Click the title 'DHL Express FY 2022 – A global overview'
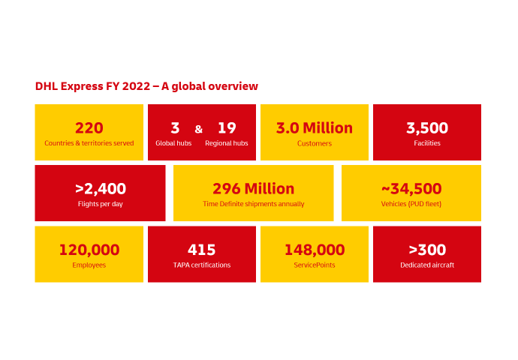click(x=146, y=86)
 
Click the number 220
click(x=89, y=128)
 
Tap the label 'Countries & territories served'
click(x=89, y=143)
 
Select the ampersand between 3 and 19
click(x=198, y=129)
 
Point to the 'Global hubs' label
click(x=173, y=143)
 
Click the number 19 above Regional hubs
click(x=227, y=128)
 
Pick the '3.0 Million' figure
click(x=315, y=128)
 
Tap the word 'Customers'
click(x=315, y=143)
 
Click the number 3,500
click(x=427, y=128)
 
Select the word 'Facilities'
click(x=427, y=143)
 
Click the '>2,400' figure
click(x=101, y=189)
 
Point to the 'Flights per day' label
click(x=101, y=204)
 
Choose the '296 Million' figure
click(x=254, y=189)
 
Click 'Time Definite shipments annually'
click(x=254, y=204)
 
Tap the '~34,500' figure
click(x=411, y=189)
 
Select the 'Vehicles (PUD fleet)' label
click(x=411, y=204)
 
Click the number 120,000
click(x=89, y=250)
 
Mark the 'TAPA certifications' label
click(x=202, y=265)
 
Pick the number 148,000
click(x=315, y=250)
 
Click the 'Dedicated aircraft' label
click(x=427, y=265)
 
